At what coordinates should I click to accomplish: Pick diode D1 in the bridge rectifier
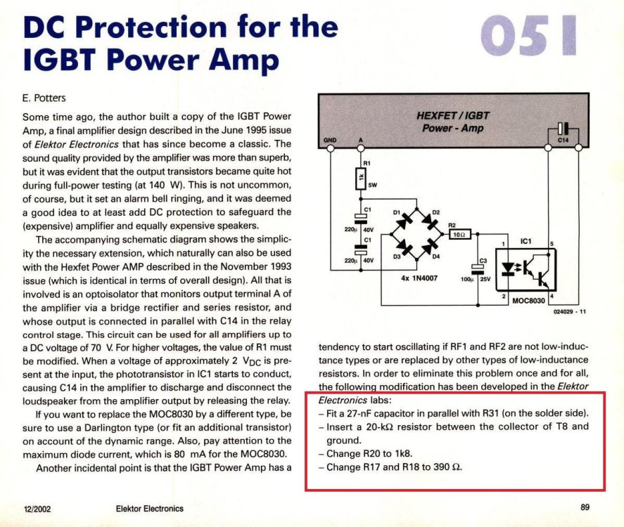(405, 218)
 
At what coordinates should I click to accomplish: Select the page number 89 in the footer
(585, 507)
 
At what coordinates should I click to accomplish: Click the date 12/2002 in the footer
(36, 508)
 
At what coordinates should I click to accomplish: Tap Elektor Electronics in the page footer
(149, 508)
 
